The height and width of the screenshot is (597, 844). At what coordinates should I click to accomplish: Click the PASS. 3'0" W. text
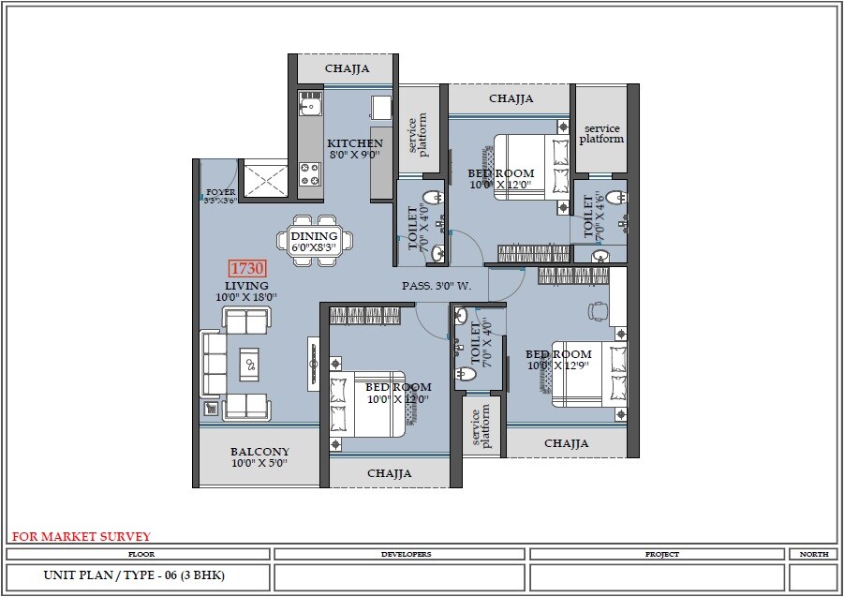pyautogui.click(x=437, y=286)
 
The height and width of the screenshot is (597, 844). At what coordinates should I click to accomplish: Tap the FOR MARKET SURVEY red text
pyautogui.click(x=81, y=537)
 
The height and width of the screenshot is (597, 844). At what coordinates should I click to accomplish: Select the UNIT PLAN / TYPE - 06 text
pyautogui.click(x=134, y=575)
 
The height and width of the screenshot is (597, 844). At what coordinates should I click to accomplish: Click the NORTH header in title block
pyautogui.click(x=813, y=554)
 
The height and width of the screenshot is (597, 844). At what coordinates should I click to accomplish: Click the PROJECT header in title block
pyautogui.click(x=661, y=554)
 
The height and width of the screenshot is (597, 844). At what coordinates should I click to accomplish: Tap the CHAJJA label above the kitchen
pyautogui.click(x=347, y=69)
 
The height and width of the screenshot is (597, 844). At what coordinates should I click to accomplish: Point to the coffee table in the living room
pyautogui.click(x=249, y=364)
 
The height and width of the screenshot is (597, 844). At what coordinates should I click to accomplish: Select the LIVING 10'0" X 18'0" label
pyautogui.click(x=246, y=291)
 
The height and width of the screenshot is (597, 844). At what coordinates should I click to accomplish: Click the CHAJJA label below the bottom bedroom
pyautogui.click(x=389, y=473)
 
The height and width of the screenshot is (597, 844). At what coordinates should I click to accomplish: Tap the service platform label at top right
pyautogui.click(x=600, y=133)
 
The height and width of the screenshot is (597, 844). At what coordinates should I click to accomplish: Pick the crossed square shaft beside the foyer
pyautogui.click(x=264, y=178)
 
